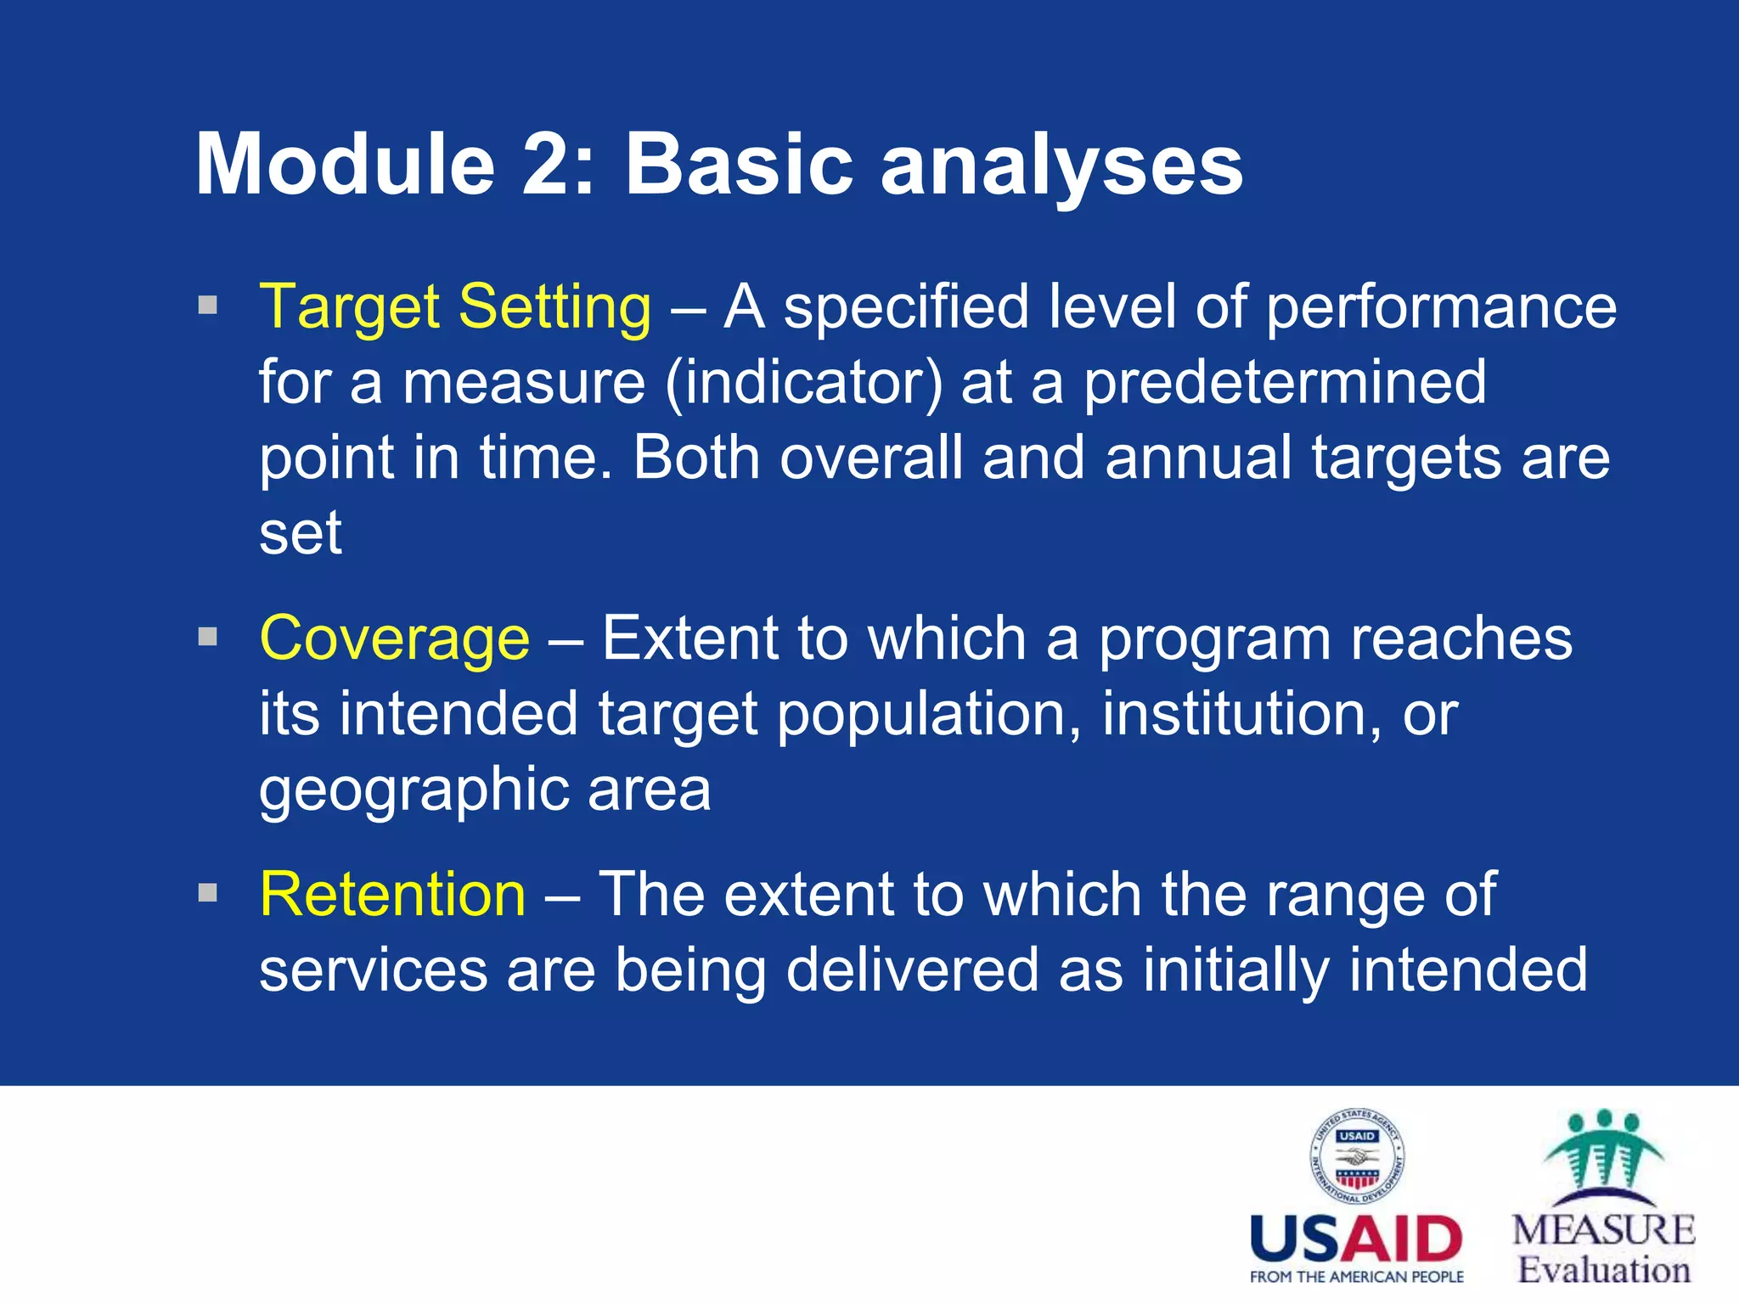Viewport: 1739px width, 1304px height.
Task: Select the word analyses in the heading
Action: pyautogui.click(x=1061, y=166)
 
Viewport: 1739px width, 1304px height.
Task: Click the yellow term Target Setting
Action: pyautogui.click(x=455, y=306)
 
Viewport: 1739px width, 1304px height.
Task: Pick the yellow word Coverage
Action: pyautogui.click(x=394, y=638)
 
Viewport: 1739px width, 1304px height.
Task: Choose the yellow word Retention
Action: pyautogui.click(x=392, y=895)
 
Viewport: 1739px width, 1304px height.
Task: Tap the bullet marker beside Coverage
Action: pyautogui.click(x=207, y=637)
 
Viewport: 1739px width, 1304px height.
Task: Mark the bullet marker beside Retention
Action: pyautogui.click(x=207, y=893)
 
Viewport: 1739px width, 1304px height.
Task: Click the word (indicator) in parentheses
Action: pyautogui.click(x=803, y=383)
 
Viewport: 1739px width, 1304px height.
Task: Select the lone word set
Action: pyautogui.click(x=300, y=534)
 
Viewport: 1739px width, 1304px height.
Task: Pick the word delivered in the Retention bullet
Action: pyautogui.click(x=912, y=970)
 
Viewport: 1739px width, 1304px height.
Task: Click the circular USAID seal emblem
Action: pyautogui.click(x=1357, y=1156)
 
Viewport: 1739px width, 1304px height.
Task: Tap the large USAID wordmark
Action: pyautogui.click(x=1356, y=1240)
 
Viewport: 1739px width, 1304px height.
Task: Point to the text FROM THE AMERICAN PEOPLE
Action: pyautogui.click(x=1356, y=1277)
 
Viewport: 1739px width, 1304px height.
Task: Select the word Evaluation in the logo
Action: pyautogui.click(x=1603, y=1271)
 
